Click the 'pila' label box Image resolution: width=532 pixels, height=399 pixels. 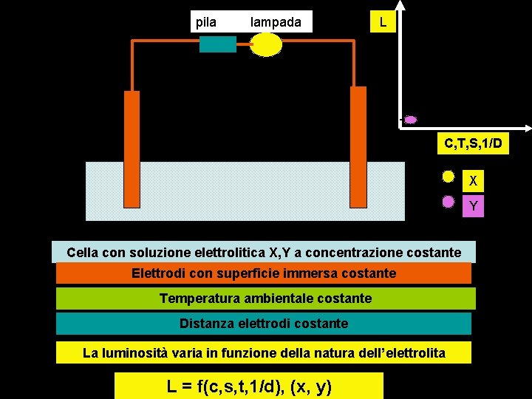[x=206, y=21]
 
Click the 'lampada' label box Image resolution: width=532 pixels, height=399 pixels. [x=276, y=21]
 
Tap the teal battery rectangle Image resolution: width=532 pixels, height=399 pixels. [x=217, y=44]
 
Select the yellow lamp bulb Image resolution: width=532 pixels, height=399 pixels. [x=267, y=44]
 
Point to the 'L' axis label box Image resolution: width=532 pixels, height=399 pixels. [x=382, y=21]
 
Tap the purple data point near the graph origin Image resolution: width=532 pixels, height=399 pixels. [x=411, y=120]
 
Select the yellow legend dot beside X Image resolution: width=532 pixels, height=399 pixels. [x=448, y=177]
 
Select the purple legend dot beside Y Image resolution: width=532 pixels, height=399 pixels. [x=448, y=201]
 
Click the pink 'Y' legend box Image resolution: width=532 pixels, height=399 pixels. [x=473, y=206]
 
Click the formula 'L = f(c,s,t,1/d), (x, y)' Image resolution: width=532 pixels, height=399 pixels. [x=249, y=385]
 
